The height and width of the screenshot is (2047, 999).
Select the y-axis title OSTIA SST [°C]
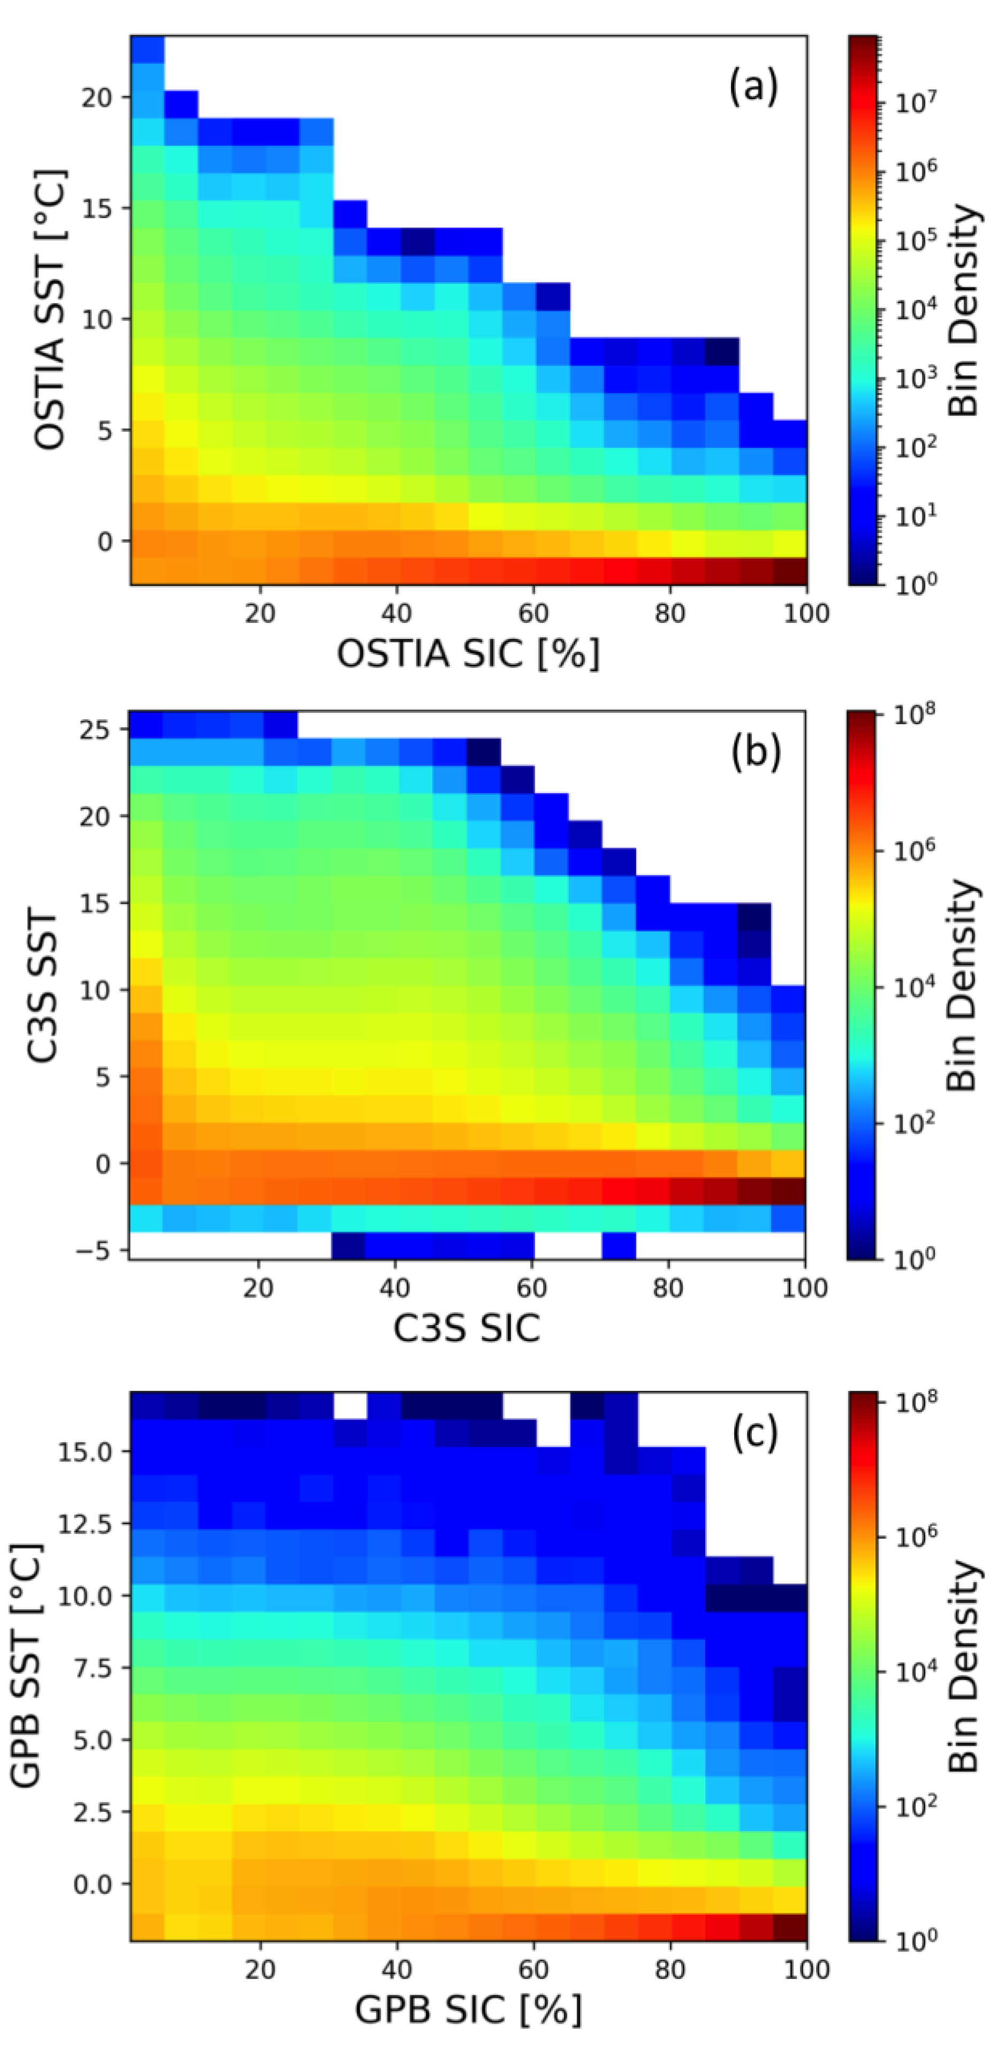(x=50, y=310)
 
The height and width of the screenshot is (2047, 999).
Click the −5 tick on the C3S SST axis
(x=97, y=1251)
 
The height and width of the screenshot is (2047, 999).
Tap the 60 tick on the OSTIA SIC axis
(x=533, y=613)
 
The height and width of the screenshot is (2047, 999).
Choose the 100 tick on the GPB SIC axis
(x=805, y=1969)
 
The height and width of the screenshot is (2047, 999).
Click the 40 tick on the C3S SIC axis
(x=395, y=1287)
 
